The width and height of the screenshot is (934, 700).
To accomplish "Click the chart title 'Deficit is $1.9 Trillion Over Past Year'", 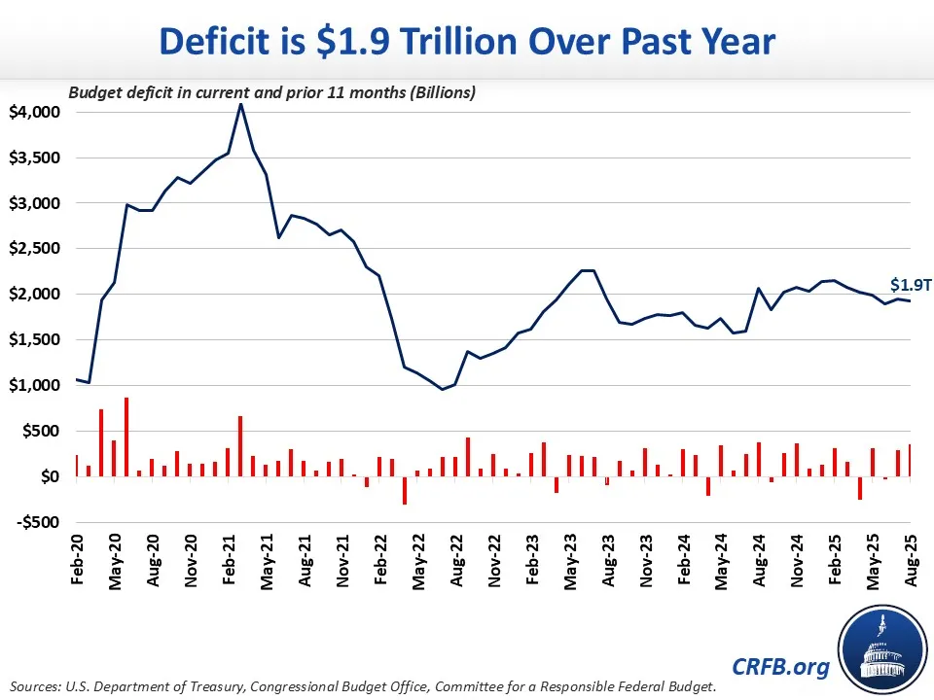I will [x=467, y=42].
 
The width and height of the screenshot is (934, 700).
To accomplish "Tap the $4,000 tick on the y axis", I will [x=35, y=113].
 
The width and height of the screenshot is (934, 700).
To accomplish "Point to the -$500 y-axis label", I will [x=37, y=522].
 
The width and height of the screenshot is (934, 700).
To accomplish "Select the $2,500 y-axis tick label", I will [x=35, y=249].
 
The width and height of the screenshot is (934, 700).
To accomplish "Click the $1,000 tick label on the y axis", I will [x=35, y=385].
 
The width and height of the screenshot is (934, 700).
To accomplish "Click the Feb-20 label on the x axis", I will [x=77, y=560].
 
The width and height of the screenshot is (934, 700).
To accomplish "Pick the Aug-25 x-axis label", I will [x=910, y=560].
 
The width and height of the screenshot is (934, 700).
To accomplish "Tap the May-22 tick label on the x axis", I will [x=417, y=560].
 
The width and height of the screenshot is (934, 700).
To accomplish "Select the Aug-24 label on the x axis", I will [x=758, y=560].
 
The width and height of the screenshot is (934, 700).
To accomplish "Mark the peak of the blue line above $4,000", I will [x=240, y=104].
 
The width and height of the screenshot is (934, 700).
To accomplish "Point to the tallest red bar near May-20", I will [x=126, y=437].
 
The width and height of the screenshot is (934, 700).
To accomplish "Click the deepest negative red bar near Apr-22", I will [x=405, y=490].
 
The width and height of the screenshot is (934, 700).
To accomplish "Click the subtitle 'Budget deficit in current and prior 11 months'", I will [x=270, y=93].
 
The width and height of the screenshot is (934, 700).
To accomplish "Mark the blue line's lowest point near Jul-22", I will [x=443, y=389].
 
